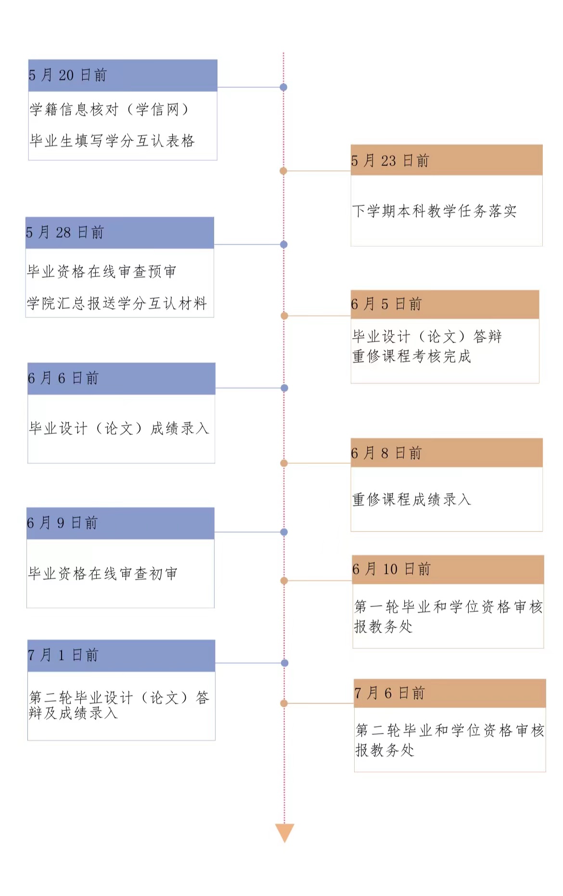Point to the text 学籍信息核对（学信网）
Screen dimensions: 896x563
pyautogui.click(x=109, y=110)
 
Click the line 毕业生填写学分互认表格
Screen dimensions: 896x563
pyautogui.click(x=112, y=141)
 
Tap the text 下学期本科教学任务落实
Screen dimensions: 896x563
pyautogui.click(x=435, y=211)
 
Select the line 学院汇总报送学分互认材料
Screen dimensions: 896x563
pyautogui.click(x=117, y=303)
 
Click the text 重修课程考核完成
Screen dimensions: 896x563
pyautogui.click(x=411, y=356)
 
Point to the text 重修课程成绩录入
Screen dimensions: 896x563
pyautogui.click(x=411, y=500)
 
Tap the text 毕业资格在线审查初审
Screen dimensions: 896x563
pyautogui.click(x=103, y=574)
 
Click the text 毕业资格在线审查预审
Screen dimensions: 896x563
pyautogui.click(x=102, y=272)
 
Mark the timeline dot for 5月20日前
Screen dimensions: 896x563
pyautogui.click(x=283, y=87)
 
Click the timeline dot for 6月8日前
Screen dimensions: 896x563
pyautogui.click(x=284, y=463)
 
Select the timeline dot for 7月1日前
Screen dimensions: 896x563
pyautogui.click(x=284, y=663)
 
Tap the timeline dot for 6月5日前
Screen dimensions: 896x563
pyautogui.click(x=284, y=316)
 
